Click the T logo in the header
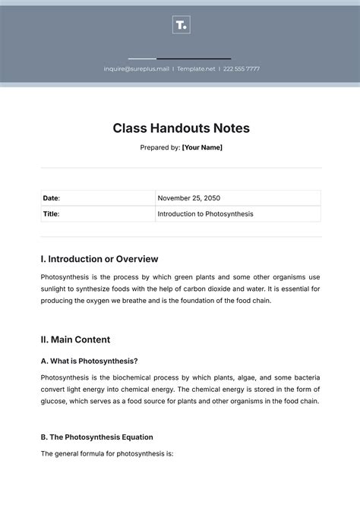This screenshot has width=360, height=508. point(181,26)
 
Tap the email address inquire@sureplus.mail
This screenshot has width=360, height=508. point(137,69)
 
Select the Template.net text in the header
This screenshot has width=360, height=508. point(196,69)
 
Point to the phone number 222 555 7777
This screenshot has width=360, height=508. point(241,69)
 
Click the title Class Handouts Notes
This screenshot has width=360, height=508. point(181,128)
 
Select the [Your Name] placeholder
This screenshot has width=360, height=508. point(202,147)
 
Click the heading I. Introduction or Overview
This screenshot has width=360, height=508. point(99,259)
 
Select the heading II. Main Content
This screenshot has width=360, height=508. point(75,339)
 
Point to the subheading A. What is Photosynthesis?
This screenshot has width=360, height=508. point(90,361)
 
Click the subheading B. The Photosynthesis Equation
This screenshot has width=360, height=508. point(97,437)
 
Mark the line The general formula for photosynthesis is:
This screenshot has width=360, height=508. point(108,454)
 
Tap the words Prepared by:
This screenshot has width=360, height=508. point(159,147)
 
